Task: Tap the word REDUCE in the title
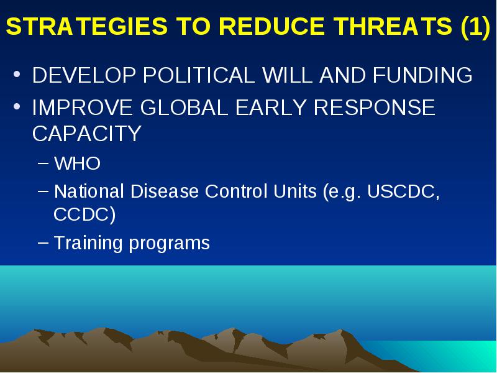pos(272,25)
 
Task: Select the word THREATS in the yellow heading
pos(393,25)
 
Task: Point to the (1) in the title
pos(476,27)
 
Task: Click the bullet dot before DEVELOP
pos(17,75)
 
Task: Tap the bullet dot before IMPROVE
pos(17,106)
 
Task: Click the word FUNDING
pos(422,75)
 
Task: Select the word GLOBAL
pos(184,107)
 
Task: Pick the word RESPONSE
pos(374,107)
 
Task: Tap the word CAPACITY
pos(86,134)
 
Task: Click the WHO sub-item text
pos(77,163)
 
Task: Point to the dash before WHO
pos(43,163)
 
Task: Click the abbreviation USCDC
pos(401,191)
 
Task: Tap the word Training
pos(88,244)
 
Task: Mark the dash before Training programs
pos(43,242)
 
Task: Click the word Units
pos(294,191)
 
